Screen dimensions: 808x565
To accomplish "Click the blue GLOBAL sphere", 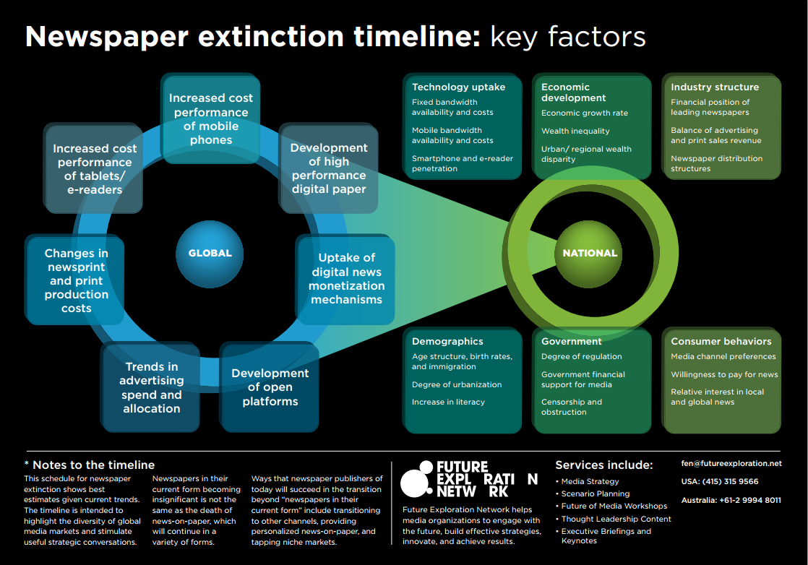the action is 209,254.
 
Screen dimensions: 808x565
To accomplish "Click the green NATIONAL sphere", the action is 590,254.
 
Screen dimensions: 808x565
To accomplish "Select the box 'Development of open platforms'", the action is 270,387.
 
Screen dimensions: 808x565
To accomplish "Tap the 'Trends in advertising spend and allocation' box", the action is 151,387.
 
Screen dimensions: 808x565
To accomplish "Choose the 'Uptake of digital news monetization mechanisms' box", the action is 345,279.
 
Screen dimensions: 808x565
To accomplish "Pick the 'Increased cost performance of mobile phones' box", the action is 211,118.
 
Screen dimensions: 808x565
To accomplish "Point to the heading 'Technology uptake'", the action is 459,87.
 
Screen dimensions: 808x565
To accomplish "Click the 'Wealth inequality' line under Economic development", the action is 575,131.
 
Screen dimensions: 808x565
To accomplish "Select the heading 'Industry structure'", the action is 715,87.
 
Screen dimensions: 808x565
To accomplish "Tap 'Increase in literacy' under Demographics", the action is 448,402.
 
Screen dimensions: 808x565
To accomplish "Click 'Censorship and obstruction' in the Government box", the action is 572,407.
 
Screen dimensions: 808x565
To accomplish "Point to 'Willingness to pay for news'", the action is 724,374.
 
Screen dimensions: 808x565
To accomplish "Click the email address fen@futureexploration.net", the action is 731,464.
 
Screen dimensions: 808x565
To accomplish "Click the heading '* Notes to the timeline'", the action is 90,465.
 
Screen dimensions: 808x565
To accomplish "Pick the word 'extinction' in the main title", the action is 271,37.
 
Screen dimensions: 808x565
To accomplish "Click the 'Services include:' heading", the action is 604,465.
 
